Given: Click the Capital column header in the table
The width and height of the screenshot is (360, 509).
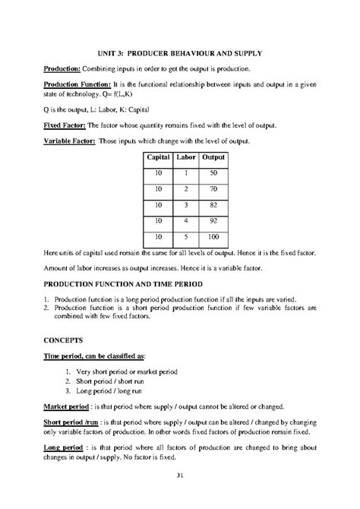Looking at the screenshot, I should pyautogui.click(x=158, y=157).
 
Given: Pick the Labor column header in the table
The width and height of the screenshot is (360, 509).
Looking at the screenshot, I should pyautogui.click(x=185, y=157).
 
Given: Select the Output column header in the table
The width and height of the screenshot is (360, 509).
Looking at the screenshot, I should pyautogui.click(x=214, y=157).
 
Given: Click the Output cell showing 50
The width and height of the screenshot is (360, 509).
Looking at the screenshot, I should pyautogui.click(x=214, y=174).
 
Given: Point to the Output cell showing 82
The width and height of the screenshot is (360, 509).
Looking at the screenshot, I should pyautogui.click(x=214, y=205).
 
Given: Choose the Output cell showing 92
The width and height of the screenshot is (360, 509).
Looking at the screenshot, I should pyautogui.click(x=214, y=222).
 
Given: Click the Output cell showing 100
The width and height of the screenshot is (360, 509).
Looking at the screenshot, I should pyautogui.click(x=214, y=237).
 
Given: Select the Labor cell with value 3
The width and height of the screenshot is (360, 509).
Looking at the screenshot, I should pyautogui.click(x=185, y=205).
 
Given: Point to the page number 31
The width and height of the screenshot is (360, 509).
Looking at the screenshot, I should pyautogui.click(x=179, y=476).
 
